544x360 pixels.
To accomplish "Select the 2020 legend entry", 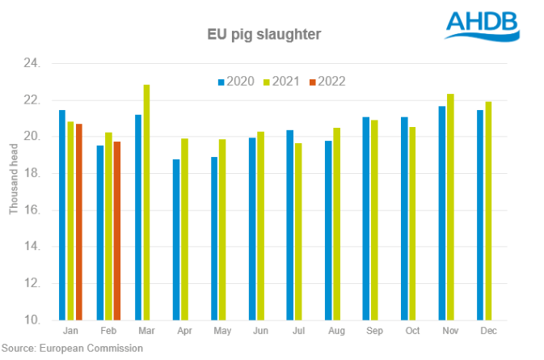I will point(235,81).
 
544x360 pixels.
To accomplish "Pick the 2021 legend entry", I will point(283,81).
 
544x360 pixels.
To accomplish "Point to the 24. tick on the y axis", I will point(39,63).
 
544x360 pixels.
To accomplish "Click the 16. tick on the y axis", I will point(39,210).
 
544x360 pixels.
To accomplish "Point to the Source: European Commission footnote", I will point(72,349).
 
